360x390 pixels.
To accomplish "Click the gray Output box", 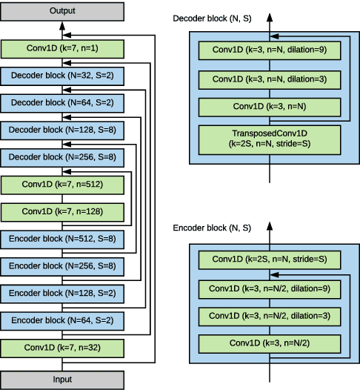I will point(61,11).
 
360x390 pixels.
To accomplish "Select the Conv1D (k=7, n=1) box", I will point(61,50).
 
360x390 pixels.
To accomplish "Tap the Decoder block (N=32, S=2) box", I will point(61,76).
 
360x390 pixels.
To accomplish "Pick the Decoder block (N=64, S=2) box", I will point(61,103).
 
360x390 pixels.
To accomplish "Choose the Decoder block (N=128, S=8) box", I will point(61,130).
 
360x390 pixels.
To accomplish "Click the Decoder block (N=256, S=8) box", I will point(61,157).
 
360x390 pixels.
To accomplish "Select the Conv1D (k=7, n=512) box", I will point(61,185).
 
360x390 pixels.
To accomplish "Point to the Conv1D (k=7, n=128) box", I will point(61,211).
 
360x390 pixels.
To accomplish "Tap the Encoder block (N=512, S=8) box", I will point(61,239).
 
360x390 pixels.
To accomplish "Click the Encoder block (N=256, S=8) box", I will point(61,265).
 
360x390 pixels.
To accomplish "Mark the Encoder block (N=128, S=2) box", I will point(61,293).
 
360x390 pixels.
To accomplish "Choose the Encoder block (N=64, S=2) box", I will point(61,320).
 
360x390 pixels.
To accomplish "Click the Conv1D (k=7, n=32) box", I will point(61,346).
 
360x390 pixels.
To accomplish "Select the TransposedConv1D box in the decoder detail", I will point(269,139).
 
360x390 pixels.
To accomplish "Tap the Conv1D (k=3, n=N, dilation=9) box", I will point(269,50).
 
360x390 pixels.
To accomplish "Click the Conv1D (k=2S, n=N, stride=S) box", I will point(269,260).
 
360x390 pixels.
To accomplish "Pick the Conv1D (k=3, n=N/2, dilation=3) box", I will point(269,316).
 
